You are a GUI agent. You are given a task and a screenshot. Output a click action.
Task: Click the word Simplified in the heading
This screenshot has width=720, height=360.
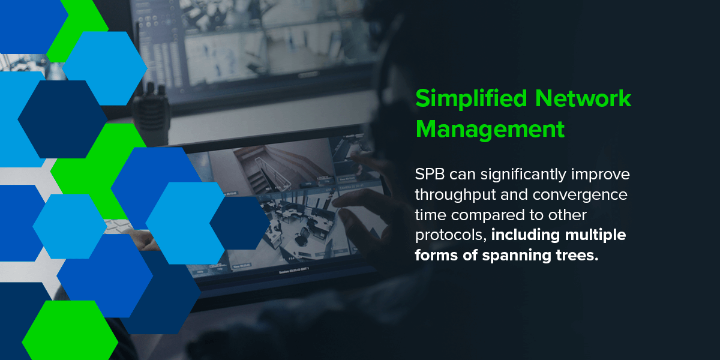point(471,99)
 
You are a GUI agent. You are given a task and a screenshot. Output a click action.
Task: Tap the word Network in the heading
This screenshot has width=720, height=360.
point(583,98)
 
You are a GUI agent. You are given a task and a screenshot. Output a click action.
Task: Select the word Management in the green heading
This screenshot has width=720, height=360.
point(490,129)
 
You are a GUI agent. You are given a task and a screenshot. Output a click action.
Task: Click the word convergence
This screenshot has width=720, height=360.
point(580,195)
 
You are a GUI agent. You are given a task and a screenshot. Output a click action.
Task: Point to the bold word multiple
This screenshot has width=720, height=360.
point(595,236)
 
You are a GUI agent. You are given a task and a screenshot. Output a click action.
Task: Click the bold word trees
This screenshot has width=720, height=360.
point(577,256)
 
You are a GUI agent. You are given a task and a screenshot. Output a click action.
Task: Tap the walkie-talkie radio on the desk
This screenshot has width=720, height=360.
point(151,113)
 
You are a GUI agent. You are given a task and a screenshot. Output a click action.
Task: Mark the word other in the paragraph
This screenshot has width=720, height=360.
point(568,215)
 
